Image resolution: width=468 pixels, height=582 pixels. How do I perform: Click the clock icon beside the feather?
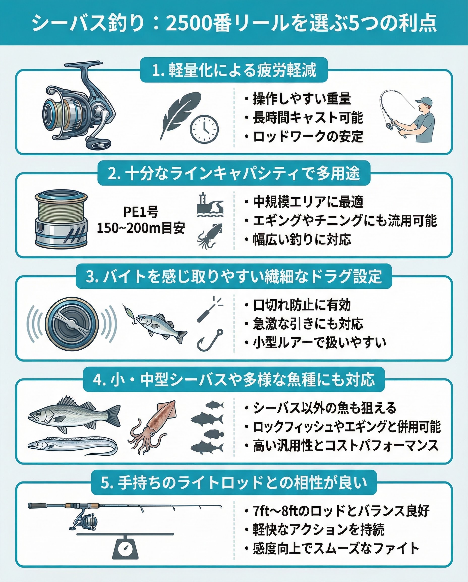pos(204,129)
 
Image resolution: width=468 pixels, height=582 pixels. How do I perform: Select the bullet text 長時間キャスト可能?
pos(308,117)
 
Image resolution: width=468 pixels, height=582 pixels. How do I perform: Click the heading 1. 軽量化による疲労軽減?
pos(234,70)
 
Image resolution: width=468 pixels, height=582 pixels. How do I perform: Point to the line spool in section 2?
pos(62,218)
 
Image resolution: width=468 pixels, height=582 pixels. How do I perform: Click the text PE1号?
pos(141,212)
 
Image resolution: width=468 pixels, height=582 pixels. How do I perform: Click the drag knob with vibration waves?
pos(72,324)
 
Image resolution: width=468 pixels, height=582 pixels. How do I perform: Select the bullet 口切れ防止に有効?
pos(302,305)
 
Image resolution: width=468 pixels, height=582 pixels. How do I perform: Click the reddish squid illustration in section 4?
pos(152,427)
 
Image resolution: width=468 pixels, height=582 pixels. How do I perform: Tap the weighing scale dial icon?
pos(125,547)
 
